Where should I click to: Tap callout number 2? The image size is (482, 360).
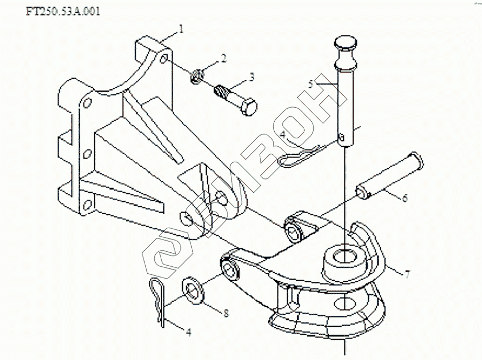point(224,58)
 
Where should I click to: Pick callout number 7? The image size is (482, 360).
point(407,274)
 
